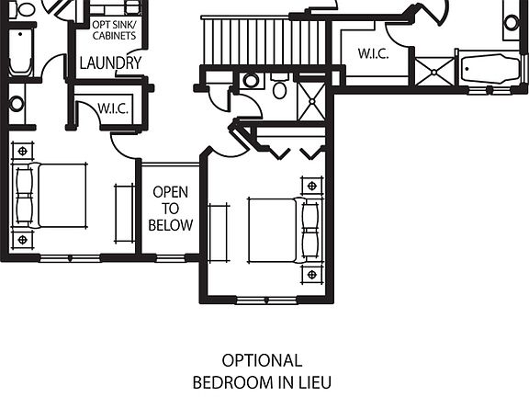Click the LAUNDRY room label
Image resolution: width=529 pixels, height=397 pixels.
pyautogui.click(x=110, y=63)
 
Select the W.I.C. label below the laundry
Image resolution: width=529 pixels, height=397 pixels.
pyautogui.click(x=113, y=109)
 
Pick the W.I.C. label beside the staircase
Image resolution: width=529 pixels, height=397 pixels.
pyautogui.click(x=372, y=54)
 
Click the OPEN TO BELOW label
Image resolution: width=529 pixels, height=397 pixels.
pyautogui.click(x=172, y=209)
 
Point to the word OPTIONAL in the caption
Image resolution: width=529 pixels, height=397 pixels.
pyautogui.click(x=262, y=360)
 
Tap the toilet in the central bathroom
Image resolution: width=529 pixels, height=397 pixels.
pyautogui.click(x=280, y=88)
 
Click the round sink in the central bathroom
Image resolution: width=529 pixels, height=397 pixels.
pyautogui.click(x=251, y=82)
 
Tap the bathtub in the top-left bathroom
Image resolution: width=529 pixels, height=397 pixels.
pyautogui.click(x=20, y=52)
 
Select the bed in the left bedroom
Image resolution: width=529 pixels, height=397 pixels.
pyautogui.click(x=55, y=195)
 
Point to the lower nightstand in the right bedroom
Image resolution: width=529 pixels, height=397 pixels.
pyautogui.click(x=312, y=274)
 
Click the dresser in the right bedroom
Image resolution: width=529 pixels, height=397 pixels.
pyautogui.click(x=219, y=233)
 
